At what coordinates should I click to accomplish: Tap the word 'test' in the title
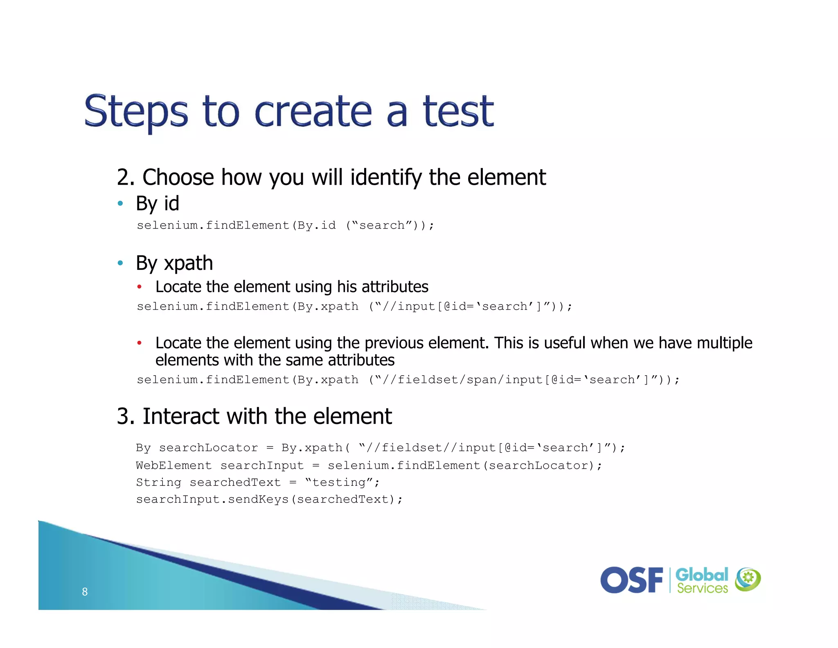click(458, 111)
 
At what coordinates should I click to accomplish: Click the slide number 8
click(85, 591)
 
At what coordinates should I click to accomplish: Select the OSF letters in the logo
click(631, 580)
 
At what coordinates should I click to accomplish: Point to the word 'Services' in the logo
click(702, 589)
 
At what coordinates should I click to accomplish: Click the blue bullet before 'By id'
click(120, 203)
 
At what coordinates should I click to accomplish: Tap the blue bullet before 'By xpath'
click(120, 263)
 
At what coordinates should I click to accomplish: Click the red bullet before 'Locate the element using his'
click(140, 287)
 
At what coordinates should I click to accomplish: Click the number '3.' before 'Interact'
click(126, 416)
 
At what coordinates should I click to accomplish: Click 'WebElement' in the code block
click(174, 465)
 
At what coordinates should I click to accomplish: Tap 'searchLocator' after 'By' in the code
click(208, 448)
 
